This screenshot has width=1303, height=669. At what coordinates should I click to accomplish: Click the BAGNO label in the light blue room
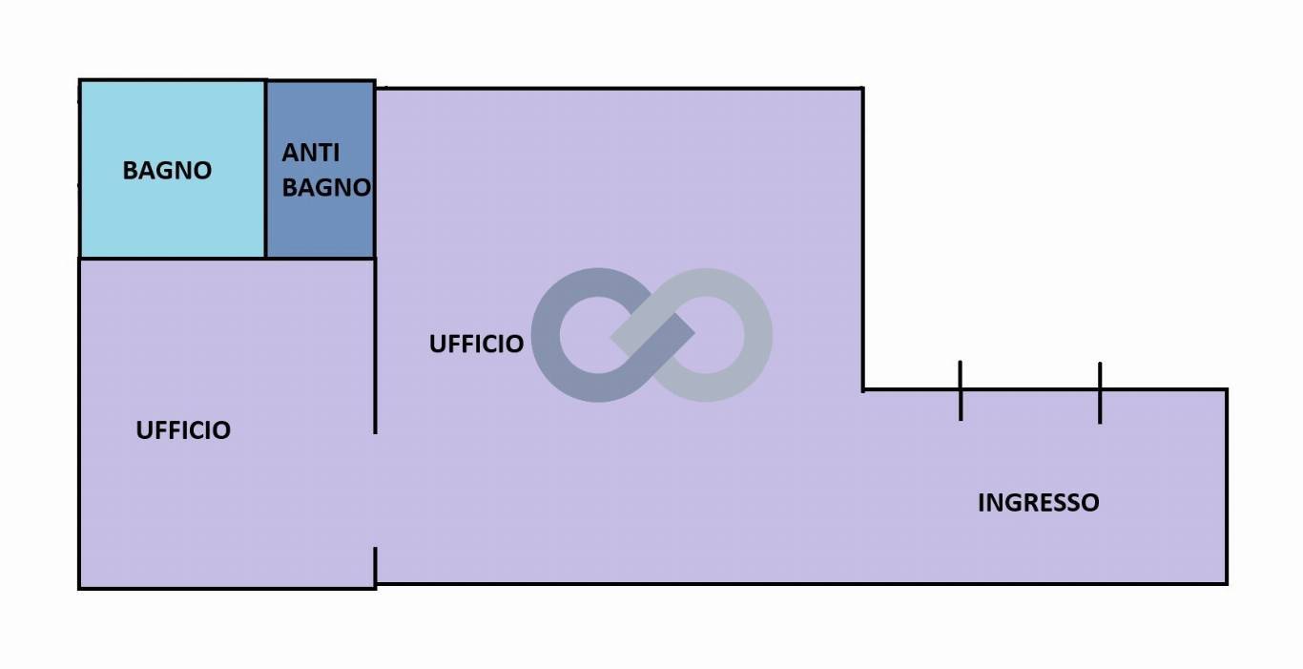(167, 171)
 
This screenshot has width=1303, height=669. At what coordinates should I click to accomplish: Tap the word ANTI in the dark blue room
(311, 153)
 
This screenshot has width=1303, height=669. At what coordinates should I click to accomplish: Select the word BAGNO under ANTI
(326, 187)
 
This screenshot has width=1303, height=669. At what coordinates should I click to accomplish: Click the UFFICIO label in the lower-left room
(183, 430)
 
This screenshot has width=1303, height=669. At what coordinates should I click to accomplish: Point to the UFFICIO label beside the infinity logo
(476, 344)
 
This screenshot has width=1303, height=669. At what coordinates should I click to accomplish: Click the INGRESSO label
(1039, 503)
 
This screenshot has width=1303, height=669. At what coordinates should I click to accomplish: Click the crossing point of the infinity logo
(652, 335)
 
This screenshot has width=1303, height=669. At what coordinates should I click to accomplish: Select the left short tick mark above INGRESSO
(961, 390)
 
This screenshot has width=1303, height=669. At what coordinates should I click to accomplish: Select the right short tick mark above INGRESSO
(1100, 392)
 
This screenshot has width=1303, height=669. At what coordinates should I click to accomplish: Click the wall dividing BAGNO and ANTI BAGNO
(266, 169)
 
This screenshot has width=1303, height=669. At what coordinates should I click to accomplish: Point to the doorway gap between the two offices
(375, 491)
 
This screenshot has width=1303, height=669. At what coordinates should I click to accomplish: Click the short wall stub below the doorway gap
(375, 566)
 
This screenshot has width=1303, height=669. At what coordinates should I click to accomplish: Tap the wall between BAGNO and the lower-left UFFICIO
(173, 259)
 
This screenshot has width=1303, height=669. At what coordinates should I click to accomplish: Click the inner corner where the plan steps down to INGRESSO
(862, 389)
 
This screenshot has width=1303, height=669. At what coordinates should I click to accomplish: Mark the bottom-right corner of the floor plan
(1228, 584)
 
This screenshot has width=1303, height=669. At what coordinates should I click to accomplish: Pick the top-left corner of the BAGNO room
(80, 81)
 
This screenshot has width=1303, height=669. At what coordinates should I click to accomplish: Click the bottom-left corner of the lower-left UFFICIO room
(80, 589)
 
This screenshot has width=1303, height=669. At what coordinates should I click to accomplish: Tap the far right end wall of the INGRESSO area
(1228, 487)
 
